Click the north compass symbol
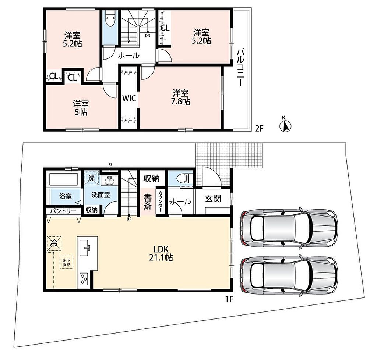(x=285, y=125)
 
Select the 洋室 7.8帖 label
(x=180, y=97)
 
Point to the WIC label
(x=129, y=98)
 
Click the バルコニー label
(x=240, y=68)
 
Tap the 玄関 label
(x=213, y=199)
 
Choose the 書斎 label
(x=148, y=202)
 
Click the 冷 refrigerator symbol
(x=54, y=244)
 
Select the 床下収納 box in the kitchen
(x=66, y=263)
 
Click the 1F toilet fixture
(x=184, y=178)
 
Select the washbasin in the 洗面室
(x=110, y=180)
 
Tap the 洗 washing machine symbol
(x=92, y=178)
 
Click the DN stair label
(x=147, y=36)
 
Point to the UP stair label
(x=129, y=219)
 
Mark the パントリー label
(x=63, y=211)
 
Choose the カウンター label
(x=160, y=202)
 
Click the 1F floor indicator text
(x=229, y=299)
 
